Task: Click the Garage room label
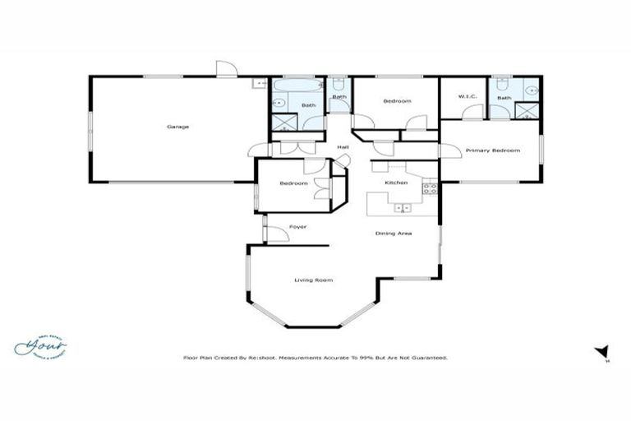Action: pos(178,127)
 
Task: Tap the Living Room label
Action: pos(313,281)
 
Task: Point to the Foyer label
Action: pos(297,226)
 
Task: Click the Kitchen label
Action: pos(397,183)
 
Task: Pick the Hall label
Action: pos(343,147)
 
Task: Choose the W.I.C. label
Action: pos(467,97)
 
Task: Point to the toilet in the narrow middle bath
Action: pos(339,84)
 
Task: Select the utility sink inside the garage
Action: pos(260,83)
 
